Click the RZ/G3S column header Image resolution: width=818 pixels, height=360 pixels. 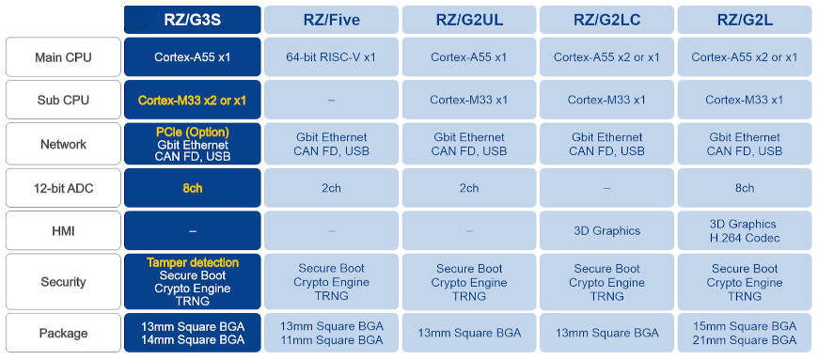(192, 20)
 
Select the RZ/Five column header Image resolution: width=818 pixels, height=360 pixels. (331, 20)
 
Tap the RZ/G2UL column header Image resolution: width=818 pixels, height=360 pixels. (469, 20)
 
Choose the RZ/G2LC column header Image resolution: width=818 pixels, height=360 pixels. (606, 20)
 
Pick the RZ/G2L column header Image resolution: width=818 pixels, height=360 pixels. (745, 20)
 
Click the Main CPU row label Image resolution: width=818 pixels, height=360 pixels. (62, 57)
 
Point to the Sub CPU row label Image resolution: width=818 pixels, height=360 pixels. (62, 101)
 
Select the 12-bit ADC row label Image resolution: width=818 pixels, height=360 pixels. (62, 188)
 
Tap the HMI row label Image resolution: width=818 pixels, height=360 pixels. (62, 231)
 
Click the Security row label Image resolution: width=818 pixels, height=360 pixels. (62, 282)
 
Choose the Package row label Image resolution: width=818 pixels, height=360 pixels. (62, 333)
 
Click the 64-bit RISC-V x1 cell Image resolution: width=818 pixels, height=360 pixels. (331, 57)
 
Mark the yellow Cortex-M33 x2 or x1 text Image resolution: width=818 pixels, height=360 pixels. (192, 101)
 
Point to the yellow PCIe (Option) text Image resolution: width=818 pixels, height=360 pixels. (192, 132)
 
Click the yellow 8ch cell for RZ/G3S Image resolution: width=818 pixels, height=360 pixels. (192, 188)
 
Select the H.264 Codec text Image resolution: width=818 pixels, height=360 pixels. (745, 238)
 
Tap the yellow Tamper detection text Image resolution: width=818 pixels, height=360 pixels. (192, 262)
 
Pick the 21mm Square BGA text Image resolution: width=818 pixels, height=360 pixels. (745, 339)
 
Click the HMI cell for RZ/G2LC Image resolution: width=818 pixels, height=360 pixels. (606, 231)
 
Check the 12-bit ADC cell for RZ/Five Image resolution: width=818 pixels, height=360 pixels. (331, 188)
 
